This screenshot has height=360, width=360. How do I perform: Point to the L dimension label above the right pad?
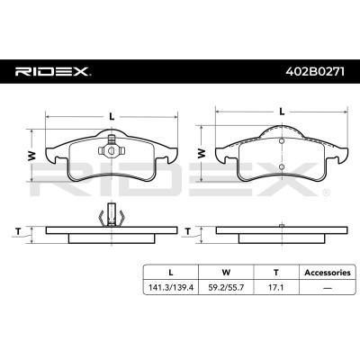tap(282, 111)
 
